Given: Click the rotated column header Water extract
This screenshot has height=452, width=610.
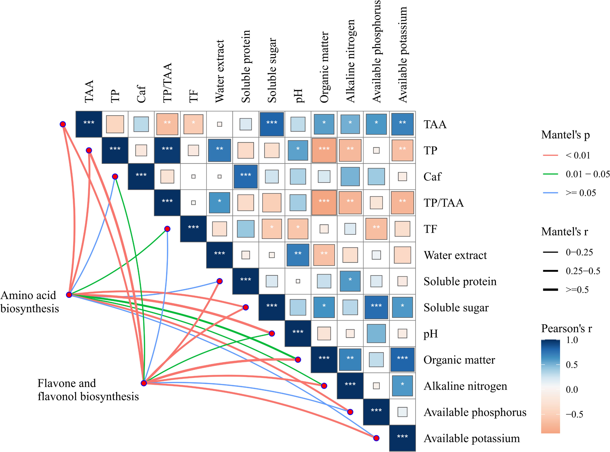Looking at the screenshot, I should pyautogui.click(x=220, y=71).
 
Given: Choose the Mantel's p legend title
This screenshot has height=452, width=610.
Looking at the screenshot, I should pyautogui.click(x=565, y=135).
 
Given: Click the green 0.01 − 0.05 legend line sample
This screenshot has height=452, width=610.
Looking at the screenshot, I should pyautogui.click(x=550, y=174).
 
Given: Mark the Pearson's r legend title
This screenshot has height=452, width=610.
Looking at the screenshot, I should pyautogui.click(x=566, y=328).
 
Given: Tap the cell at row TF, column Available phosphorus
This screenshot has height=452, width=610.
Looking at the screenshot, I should pyautogui.click(x=376, y=229).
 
